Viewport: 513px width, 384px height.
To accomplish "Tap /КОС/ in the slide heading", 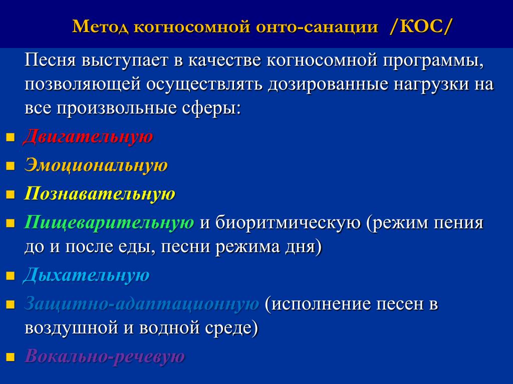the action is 420,26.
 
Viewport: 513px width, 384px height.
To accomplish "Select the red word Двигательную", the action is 88,136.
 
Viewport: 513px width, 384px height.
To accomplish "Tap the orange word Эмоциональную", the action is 96,165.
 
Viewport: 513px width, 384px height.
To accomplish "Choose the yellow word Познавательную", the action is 100,193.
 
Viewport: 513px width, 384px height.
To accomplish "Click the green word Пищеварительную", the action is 109,222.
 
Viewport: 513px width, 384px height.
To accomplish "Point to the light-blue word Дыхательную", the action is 86,275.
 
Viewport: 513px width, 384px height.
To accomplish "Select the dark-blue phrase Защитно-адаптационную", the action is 142,304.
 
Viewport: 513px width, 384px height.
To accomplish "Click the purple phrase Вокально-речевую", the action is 105,356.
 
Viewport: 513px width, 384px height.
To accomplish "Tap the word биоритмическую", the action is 288,223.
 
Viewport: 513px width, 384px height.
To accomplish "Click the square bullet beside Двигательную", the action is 11,137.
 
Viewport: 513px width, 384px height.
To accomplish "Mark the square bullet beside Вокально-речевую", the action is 11,357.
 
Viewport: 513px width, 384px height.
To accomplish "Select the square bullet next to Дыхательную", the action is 11,276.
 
